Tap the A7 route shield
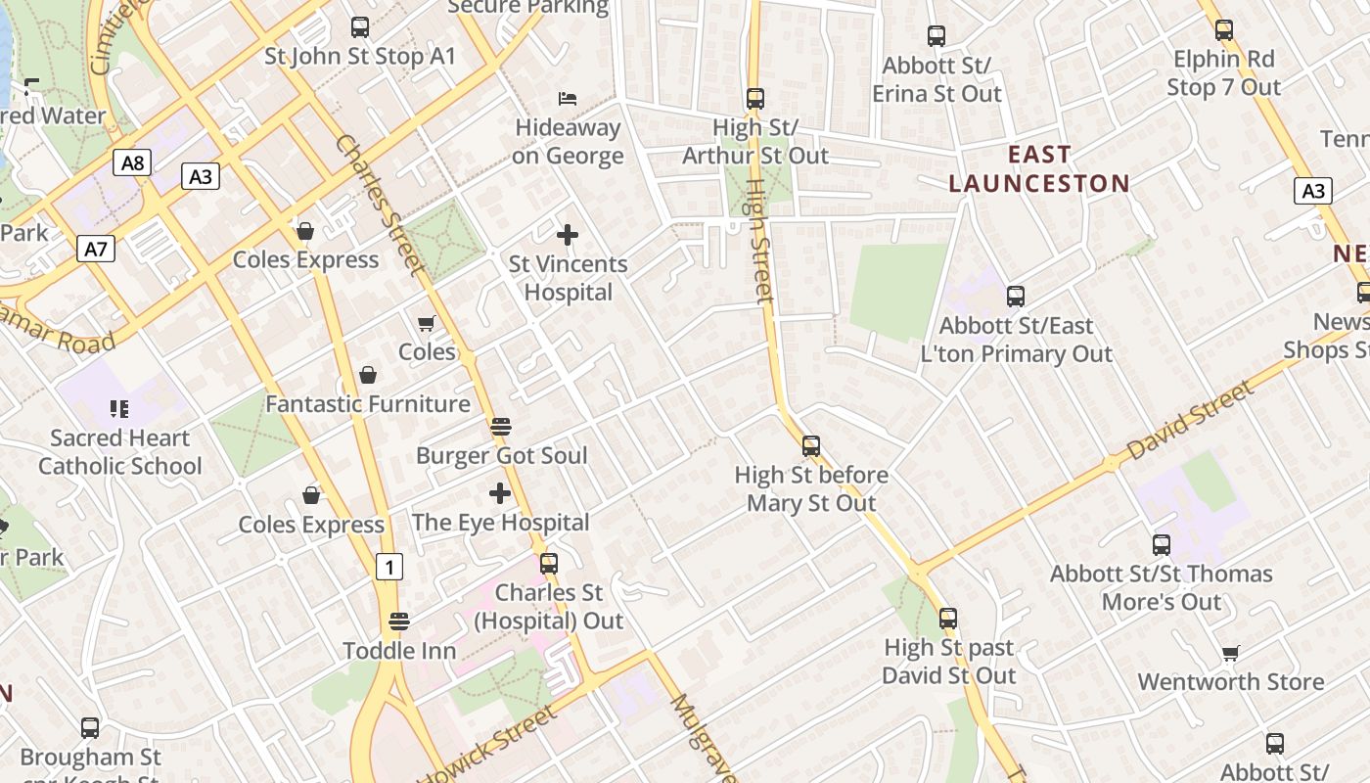tap(96, 249)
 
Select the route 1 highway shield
tap(389, 566)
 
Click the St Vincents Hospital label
tap(569, 278)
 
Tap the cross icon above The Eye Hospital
tap(500, 492)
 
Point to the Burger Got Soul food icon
tap(500, 426)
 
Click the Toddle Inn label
tap(399, 651)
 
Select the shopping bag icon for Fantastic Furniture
tap(368, 375)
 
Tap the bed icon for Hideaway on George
tap(568, 98)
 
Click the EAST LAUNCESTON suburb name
tap(1039, 169)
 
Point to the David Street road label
tap(1189, 421)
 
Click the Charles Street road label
tap(380, 204)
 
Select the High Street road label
tap(759, 240)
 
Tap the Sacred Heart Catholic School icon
tap(119, 408)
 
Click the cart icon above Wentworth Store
tap(1230, 653)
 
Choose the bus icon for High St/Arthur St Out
tap(754, 98)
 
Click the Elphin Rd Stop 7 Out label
tap(1223, 73)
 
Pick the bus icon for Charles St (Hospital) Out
tap(549, 564)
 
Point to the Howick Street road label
tap(489, 744)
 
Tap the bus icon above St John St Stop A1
tap(360, 27)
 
